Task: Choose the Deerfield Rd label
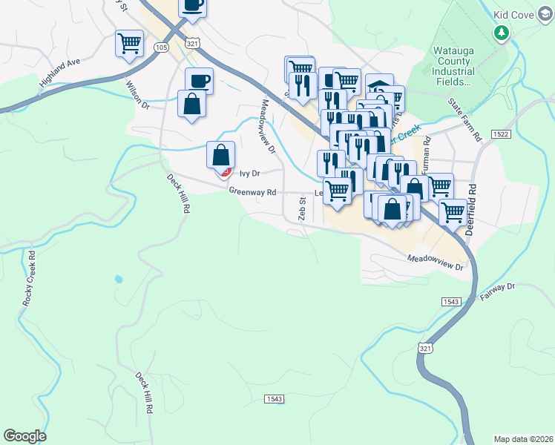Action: pos(470,211)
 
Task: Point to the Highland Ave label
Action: pos(60,74)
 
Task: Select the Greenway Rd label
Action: pos(252,191)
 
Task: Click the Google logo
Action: pos(25,435)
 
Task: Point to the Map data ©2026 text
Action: pos(523,439)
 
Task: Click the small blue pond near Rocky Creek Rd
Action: pos(117,280)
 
